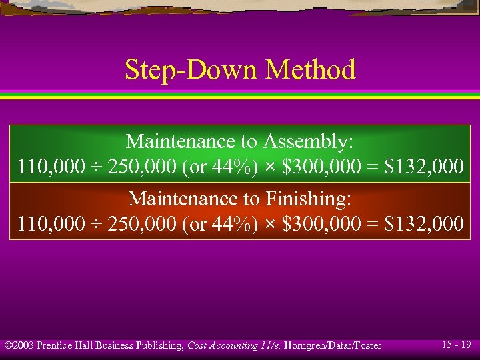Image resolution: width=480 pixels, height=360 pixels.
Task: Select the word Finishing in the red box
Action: pyautogui.click(x=309, y=199)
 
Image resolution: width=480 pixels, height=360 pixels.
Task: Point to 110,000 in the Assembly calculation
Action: pyautogui.click(x=47, y=167)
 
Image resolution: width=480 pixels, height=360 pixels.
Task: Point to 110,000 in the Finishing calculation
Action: pyautogui.click(x=47, y=223)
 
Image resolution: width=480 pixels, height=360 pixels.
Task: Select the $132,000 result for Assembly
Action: pyautogui.click(x=424, y=167)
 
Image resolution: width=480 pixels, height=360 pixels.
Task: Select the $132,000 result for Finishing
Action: pyautogui.click(x=424, y=223)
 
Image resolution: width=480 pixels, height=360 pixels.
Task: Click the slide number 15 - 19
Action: pyautogui.click(x=457, y=345)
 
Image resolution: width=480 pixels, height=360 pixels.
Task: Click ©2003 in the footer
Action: pyautogui.click(x=19, y=345)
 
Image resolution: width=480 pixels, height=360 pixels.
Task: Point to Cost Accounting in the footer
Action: pyautogui.click(x=223, y=345)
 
